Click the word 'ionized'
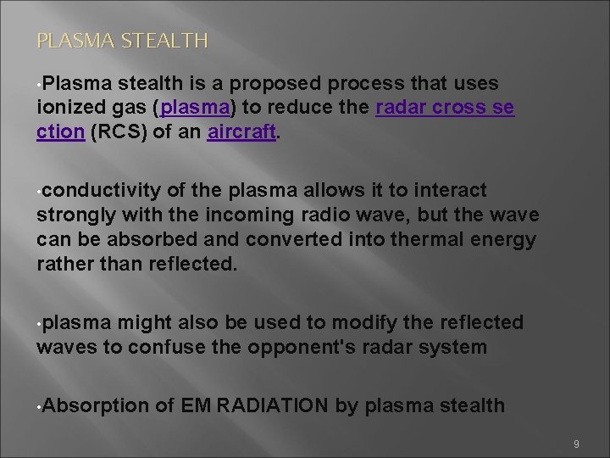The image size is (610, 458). pos(68,108)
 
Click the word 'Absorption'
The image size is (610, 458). pos(92,406)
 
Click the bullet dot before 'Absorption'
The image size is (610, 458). pos(40,407)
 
